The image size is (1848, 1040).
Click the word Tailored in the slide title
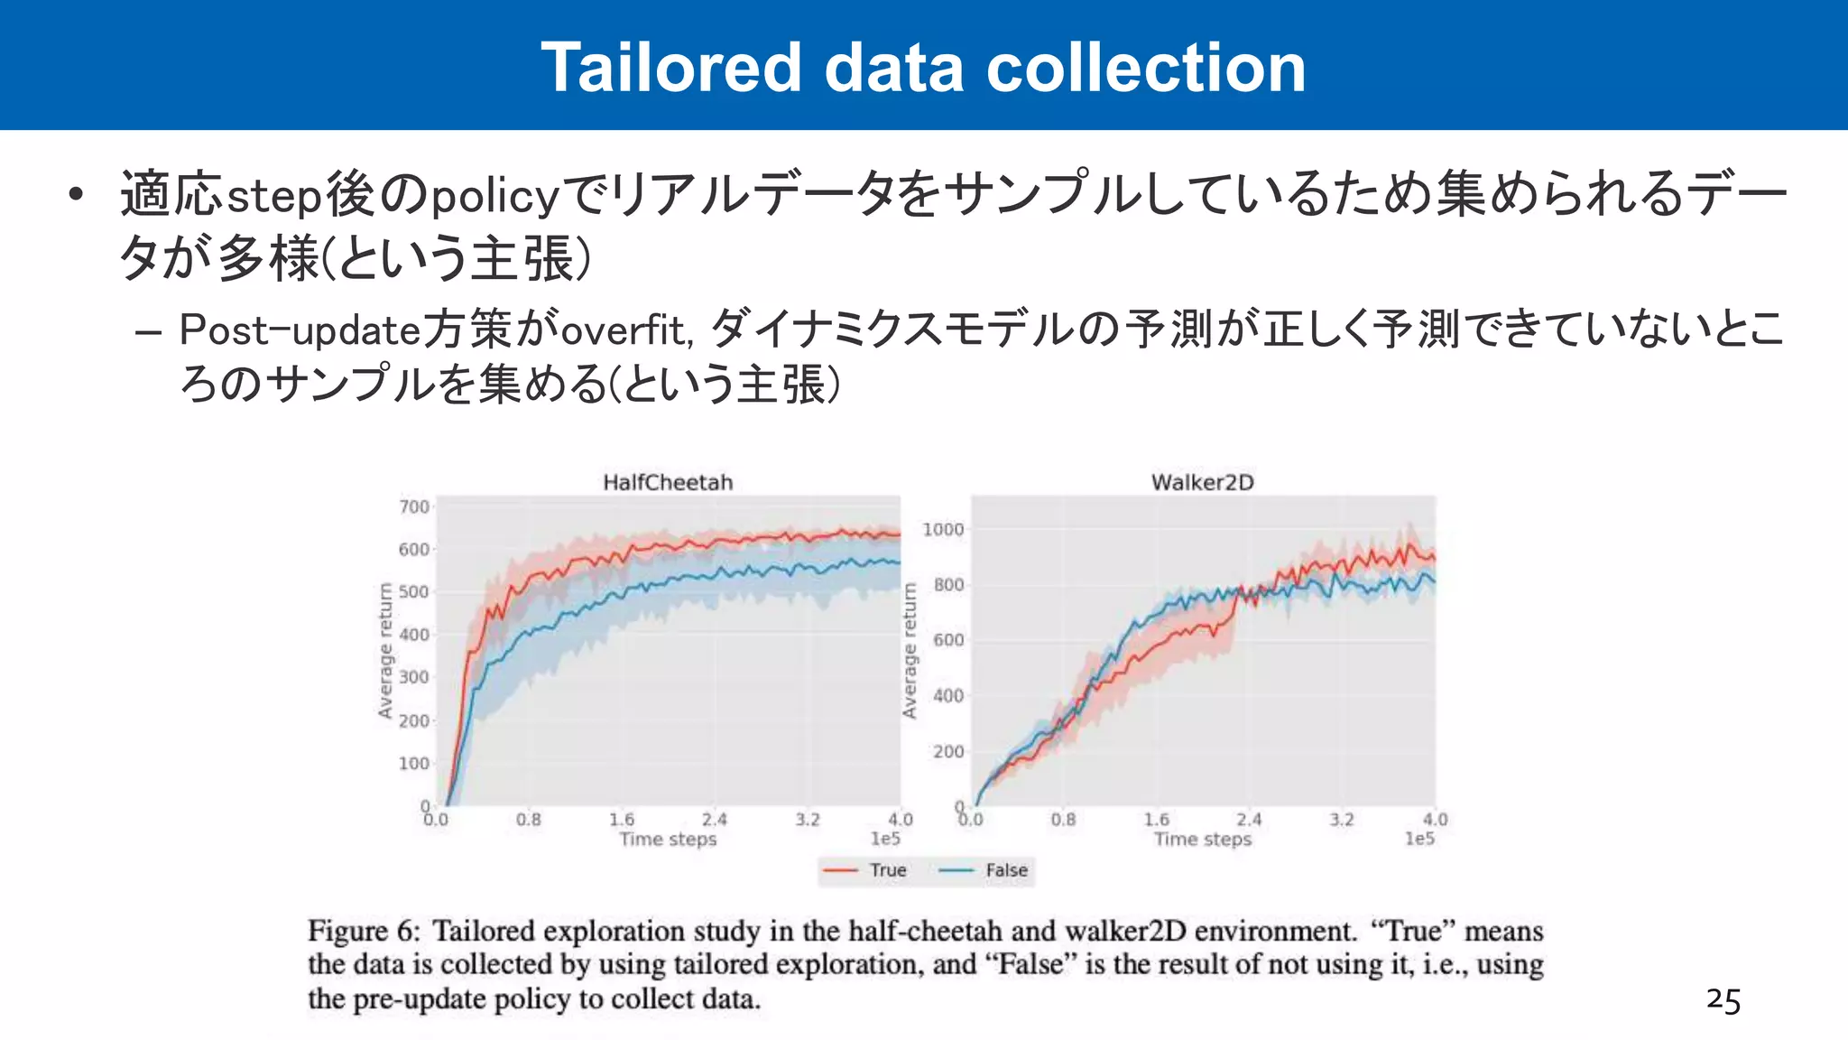pyautogui.click(x=671, y=68)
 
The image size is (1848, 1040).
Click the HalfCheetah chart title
pyautogui.click(x=668, y=482)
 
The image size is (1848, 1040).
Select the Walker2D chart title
pyautogui.click(x=1202, y=482)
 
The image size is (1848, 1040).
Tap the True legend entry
pyautogui.click(x=887, y=870)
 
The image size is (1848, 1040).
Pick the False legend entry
pyautogui.click(x=1006, y=870)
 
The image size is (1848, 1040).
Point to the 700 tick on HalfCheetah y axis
pyautogui.click(x=414, y=506)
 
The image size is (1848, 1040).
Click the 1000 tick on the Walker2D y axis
pyautogui.click(x=943, y=529)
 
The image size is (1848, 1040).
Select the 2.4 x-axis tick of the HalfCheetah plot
pyautogui.click(x=715, y=820)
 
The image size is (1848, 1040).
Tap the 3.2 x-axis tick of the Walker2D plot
pyautogui.click(x=1342, y=820)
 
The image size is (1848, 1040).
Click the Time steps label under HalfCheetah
pyautogui.click(x=668, y=840)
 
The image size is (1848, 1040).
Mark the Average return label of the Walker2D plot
pyautogui.click(x=910, y=650)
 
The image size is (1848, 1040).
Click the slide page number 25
pyautogui.click(x=1723, y=1000)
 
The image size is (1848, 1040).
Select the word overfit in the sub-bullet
pyautogui.click(x=624, y=330)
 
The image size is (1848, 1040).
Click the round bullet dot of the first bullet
pyautogui.click(x=77, y=194)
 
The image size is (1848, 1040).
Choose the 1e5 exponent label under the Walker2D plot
pyautogui.click(x=1419, y=840)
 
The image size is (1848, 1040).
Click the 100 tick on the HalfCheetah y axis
pyautogui.click(x=414, y=764)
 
